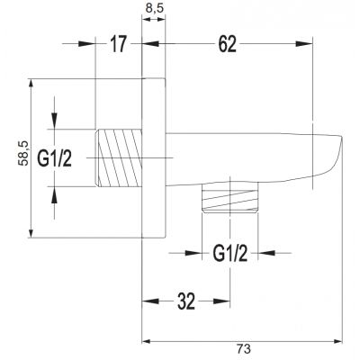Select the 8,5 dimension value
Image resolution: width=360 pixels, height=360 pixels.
pos(154,12)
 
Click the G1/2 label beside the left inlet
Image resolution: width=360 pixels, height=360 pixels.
pos(54,157)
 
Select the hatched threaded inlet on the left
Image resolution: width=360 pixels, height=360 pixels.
pos(119,157)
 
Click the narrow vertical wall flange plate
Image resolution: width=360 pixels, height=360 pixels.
pos(153,158)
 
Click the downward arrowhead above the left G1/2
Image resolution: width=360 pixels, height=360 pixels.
pos(56,126)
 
